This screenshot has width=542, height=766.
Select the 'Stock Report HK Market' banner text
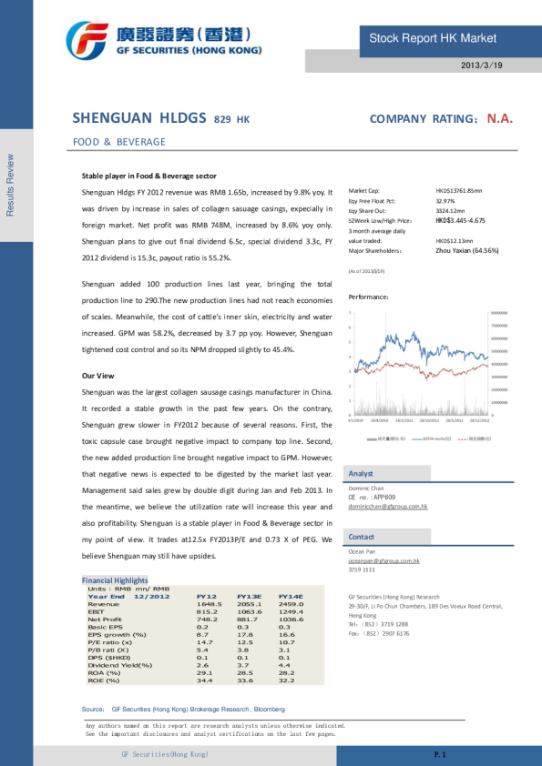coord(433,38)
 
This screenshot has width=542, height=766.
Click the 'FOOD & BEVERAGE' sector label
coord(119,142)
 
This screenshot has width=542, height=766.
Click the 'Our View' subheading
coord(97,376)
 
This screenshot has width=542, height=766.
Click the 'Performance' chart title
coord(369,297)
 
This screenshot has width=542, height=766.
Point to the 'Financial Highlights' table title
coord(115,580)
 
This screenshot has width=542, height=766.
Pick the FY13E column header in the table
coord(250,596)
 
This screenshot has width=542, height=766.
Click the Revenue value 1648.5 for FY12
coord(209,604)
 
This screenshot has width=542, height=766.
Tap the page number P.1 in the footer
coord(439,755)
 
